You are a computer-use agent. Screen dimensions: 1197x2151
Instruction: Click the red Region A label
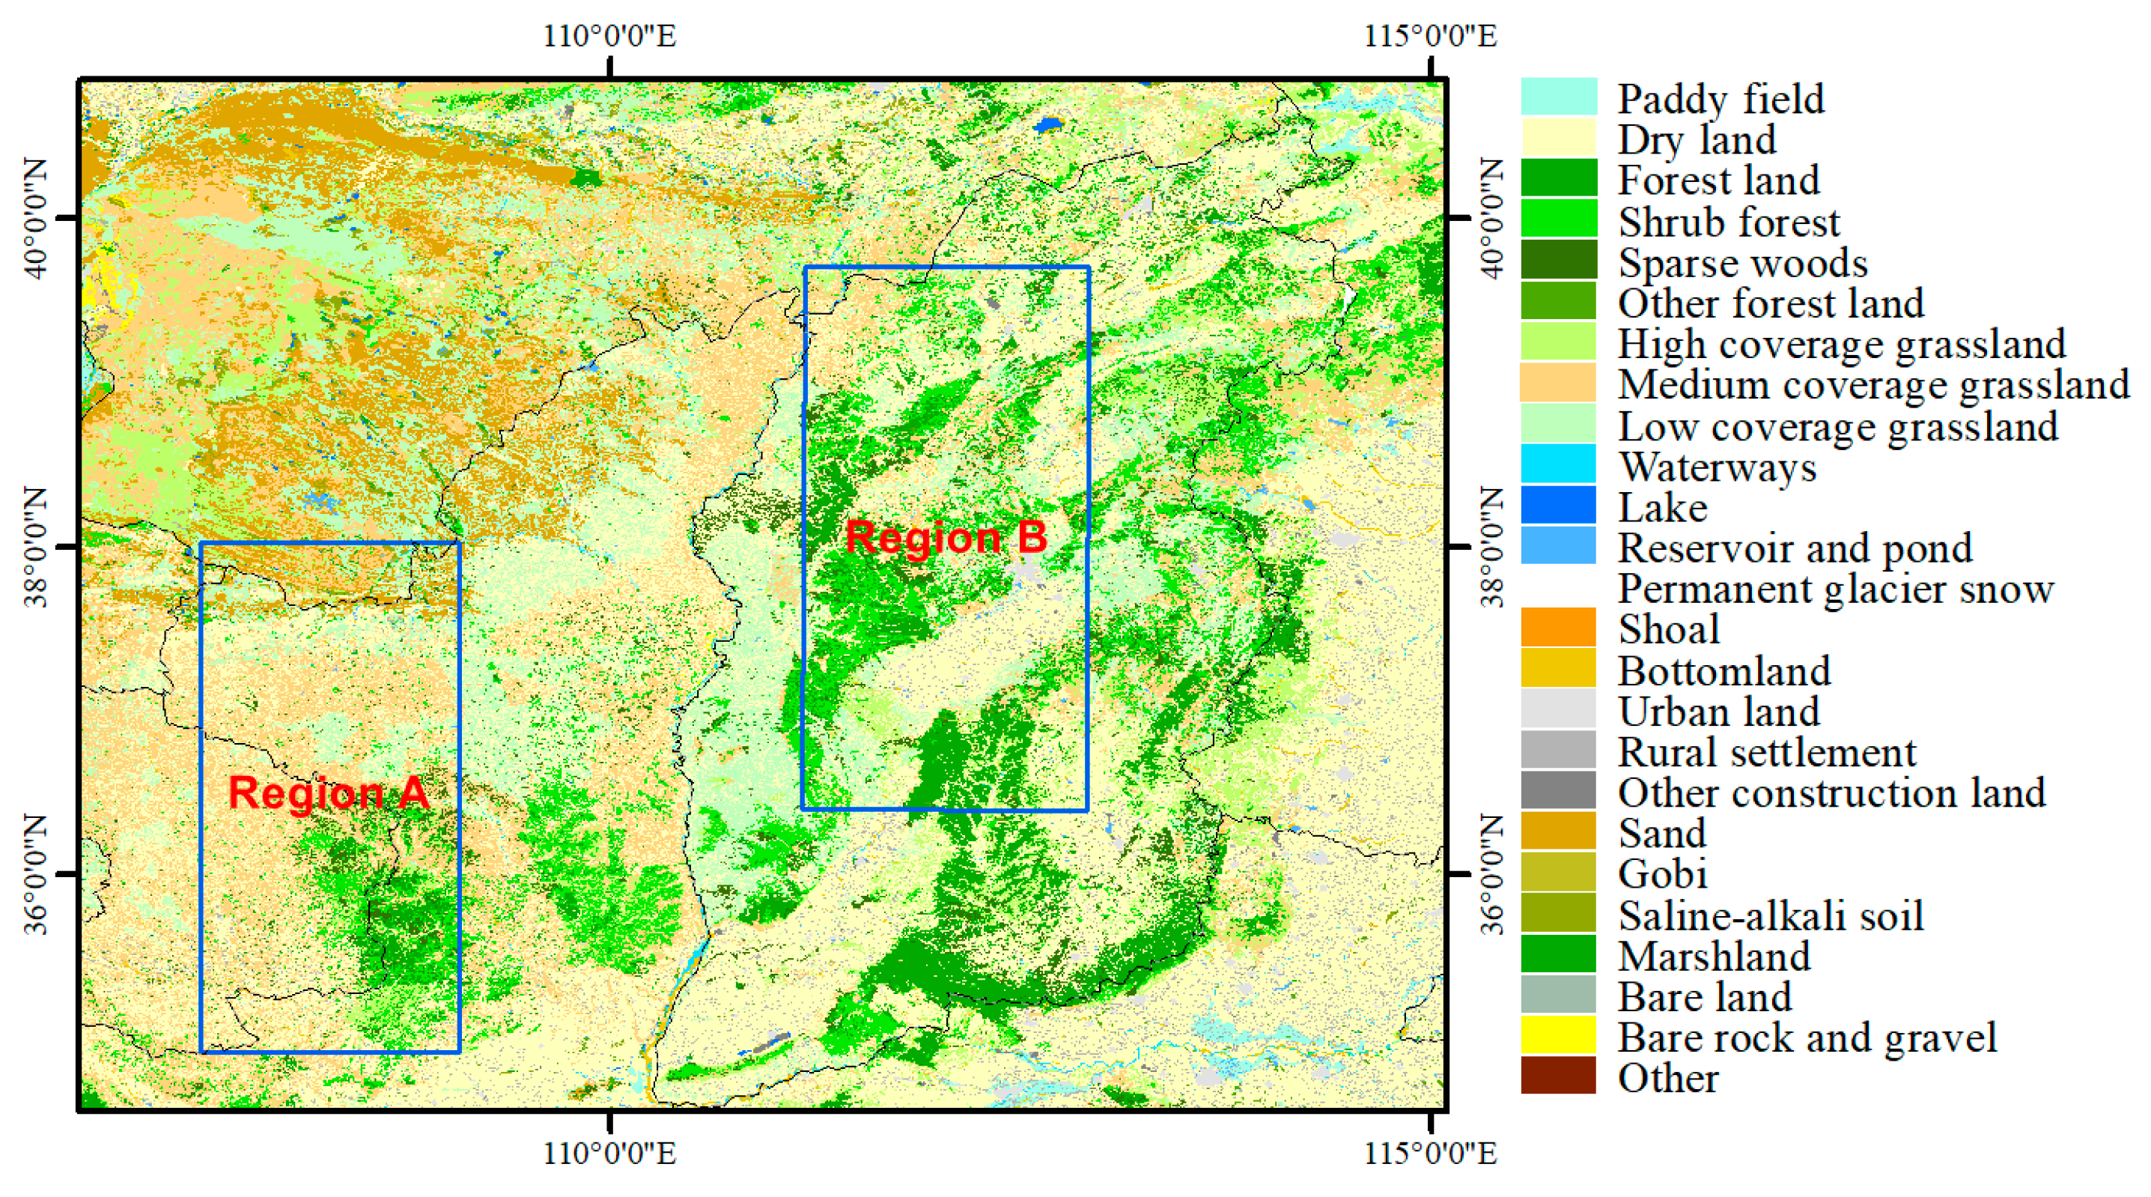(328, 793)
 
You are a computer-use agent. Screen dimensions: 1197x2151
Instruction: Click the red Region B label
(946, 537)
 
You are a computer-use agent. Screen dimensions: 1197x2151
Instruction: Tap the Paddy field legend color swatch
(1558, 97)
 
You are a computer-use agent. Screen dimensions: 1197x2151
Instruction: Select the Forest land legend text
(1718, 181)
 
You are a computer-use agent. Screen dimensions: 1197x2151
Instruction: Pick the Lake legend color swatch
(1558, 506)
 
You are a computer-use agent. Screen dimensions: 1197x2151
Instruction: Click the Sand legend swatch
(1558, 832)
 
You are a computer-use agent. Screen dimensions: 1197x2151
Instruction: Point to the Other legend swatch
(1558, 1076)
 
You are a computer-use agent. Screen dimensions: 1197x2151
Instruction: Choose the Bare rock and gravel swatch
(1558, 1036)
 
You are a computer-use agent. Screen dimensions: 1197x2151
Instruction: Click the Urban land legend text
(1718, 712)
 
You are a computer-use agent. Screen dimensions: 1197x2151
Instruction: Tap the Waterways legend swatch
(1558, 465)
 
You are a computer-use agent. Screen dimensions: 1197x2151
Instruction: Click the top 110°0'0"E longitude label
(609, 36)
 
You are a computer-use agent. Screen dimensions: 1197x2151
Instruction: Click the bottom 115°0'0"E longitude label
(1431, 1154)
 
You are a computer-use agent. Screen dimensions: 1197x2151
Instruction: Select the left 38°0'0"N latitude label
(37, 547)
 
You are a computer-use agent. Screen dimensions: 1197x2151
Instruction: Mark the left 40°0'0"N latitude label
(37, 218)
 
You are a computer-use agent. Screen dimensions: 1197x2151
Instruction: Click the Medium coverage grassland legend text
(1874, 385)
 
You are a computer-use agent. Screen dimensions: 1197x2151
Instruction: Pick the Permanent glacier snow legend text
(1835, 589)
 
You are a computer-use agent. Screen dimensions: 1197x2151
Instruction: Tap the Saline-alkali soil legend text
(1770, 915)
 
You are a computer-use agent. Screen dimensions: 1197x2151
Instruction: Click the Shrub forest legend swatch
(1558, 219)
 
